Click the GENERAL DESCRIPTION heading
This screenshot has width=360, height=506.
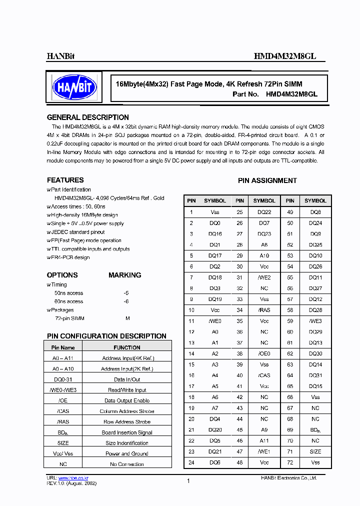[87, 117]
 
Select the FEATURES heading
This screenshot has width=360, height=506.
[65, 180]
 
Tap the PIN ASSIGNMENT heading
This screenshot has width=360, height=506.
[267, 180]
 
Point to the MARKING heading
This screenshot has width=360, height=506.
[124, 275]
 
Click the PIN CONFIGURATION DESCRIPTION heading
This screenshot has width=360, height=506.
[106, 336]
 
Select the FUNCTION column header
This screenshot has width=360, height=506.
[127, 347]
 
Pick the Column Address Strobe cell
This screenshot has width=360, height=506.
[127, 411]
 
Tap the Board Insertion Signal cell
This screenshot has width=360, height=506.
[127, 432]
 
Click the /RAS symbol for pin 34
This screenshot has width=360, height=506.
[264, 310]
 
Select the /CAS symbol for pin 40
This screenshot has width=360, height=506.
[264, 375]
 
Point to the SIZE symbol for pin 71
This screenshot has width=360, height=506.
[315, 451]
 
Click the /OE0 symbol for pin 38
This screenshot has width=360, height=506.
[264, 353]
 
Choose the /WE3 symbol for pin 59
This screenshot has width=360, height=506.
[315, 321]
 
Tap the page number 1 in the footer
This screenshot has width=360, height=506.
[188, 481]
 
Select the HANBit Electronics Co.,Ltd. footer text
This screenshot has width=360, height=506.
[288, 478]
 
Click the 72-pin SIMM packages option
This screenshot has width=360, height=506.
[69, 318]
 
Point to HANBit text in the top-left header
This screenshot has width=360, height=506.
[60, 56]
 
